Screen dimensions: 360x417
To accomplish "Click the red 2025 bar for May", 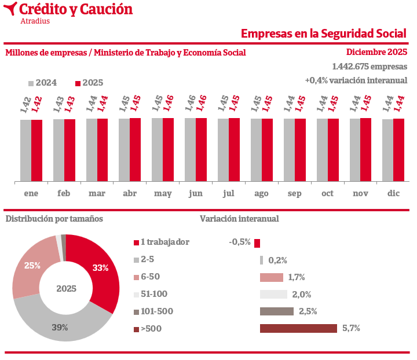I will [x=169, y=150].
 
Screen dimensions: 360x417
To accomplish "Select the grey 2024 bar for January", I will [x=25, y=150].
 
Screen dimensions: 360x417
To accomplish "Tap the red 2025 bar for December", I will [x=398, y=150].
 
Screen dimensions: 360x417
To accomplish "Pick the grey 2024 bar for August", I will [x=256, y=150].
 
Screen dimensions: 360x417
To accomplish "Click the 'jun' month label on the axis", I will [x=196, y=193].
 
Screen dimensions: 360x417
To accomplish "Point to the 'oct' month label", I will [x=328, y=193].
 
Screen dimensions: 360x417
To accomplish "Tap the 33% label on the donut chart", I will [x=101, y=267].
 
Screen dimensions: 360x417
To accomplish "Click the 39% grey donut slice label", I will [x=60, y=328].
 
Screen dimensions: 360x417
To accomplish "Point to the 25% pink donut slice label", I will [x=32, y=266].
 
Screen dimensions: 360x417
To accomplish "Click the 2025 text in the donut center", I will [x=67, y=288].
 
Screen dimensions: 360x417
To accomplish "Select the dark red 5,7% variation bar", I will [x=298, y=329].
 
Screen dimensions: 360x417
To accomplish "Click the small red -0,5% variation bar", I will [x=257, y=243].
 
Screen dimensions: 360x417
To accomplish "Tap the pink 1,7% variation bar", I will [x=272, y=277].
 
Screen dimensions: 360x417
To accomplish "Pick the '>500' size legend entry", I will [x=151, y=329].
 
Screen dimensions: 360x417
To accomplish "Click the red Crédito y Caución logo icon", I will [x=10, y=9].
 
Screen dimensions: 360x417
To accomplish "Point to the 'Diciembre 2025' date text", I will [x=376, y=52].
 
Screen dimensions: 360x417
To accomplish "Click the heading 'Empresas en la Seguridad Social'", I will [x=324, y=34].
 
